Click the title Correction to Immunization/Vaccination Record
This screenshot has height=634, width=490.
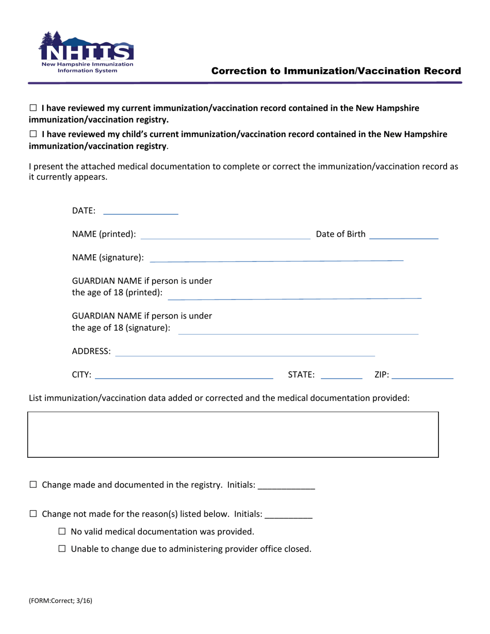click(x=336, y=71)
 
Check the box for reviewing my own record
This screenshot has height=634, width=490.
click(x=34, y=108)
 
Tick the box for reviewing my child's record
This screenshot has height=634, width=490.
click(x=34, y=134)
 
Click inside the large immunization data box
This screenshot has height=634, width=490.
click(x=233, y=435)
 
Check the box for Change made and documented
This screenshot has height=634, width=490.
click(x=34, y=485)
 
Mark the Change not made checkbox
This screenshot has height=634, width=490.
click(x=34, y=514)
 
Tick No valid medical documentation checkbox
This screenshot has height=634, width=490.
click(x=62, y=531)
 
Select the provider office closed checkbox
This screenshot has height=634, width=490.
click(x=62, y=549)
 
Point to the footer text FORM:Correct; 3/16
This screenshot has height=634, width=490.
click(x=60, y=600)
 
